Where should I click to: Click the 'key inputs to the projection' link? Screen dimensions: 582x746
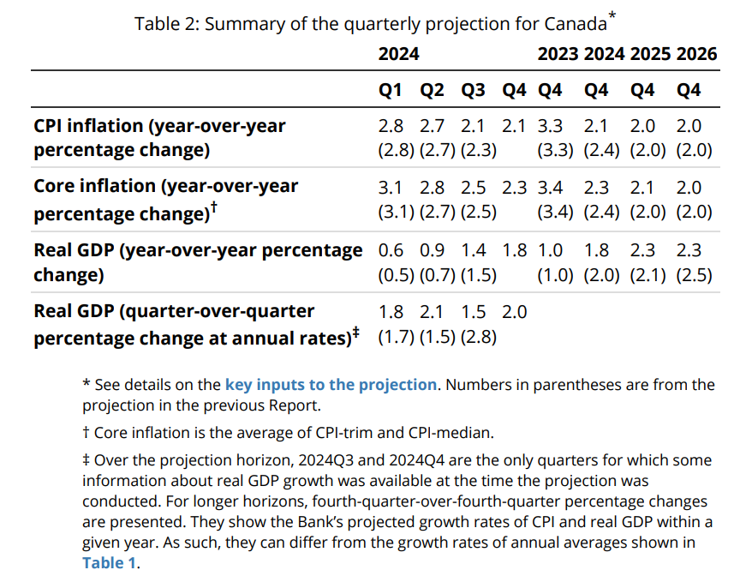click(x=331, y=385)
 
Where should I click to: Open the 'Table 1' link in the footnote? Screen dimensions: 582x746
click(x=109, y=562)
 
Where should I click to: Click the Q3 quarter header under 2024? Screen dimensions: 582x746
click(x=473, y=90)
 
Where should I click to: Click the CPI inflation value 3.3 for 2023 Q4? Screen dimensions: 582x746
click(x=550, y=126)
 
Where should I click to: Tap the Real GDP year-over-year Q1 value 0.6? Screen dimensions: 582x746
click(x=391, y=250)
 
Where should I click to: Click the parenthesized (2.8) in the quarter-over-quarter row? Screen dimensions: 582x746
click(x=479, y=337)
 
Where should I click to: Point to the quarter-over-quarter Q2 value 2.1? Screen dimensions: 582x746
click(x=432, y=312)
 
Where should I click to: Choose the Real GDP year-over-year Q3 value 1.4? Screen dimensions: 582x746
click(x=473, y=250)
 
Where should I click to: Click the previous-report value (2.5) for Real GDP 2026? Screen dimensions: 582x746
click(x=694, y=276)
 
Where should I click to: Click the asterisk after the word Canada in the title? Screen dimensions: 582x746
click(x=612, y=15)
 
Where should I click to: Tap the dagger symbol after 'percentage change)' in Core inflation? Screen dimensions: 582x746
click(x=215, y=207)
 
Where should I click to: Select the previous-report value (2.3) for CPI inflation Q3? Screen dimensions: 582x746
click(x=479, y=151)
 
